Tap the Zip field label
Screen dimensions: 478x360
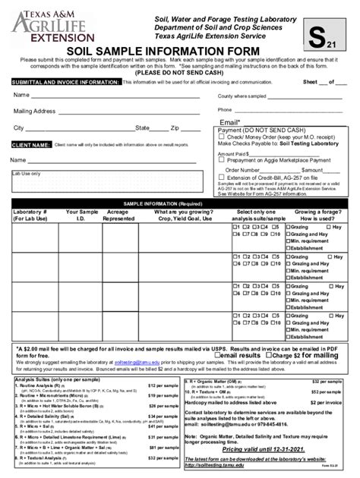point(175,128)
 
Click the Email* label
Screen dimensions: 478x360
point(230,121)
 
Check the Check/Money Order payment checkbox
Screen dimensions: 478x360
point(221,137)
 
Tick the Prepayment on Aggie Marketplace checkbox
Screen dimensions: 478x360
point(221,159)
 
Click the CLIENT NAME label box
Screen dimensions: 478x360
point(31,143)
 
